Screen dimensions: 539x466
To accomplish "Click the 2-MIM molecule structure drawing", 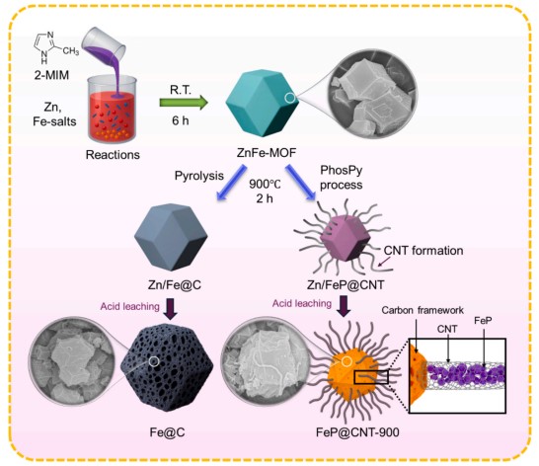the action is pyautogui.click(x=55, y=47).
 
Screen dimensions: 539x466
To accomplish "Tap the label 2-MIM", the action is pyautogui.click(x=51, y=75).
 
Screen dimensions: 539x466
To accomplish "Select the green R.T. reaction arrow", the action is pyautogui.click(x=184, y=103).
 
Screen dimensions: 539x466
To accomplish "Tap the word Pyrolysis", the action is pyautogui.click(x=199, y=176).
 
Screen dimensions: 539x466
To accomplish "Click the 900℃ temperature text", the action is pyautogui.click(x=265, y=184).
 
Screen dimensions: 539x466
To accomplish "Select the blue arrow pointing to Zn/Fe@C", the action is pyautogui.click(x=231, y=183).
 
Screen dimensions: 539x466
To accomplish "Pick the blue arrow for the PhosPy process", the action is pyautogui.click(x=300, y=183).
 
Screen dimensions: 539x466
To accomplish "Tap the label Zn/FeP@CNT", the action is pyautogui.click(x=346, y=284).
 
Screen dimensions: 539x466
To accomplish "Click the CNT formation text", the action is pyautogui.click(x=423, y=251).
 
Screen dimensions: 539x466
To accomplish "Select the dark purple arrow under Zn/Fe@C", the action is pyautogui.click(x=171, y=309).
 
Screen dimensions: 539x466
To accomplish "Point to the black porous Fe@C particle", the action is pyautogui.click(x=167, y=367).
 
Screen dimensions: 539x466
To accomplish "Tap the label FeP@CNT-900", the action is pyautogui.click(x=357, y=432).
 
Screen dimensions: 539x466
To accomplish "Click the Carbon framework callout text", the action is pyautogui.click(x=423, y=310).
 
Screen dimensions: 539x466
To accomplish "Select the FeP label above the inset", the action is pyautogui.click(x=483, y=321).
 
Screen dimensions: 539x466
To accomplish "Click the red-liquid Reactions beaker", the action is pyautogui.click(x=113, y=110).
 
